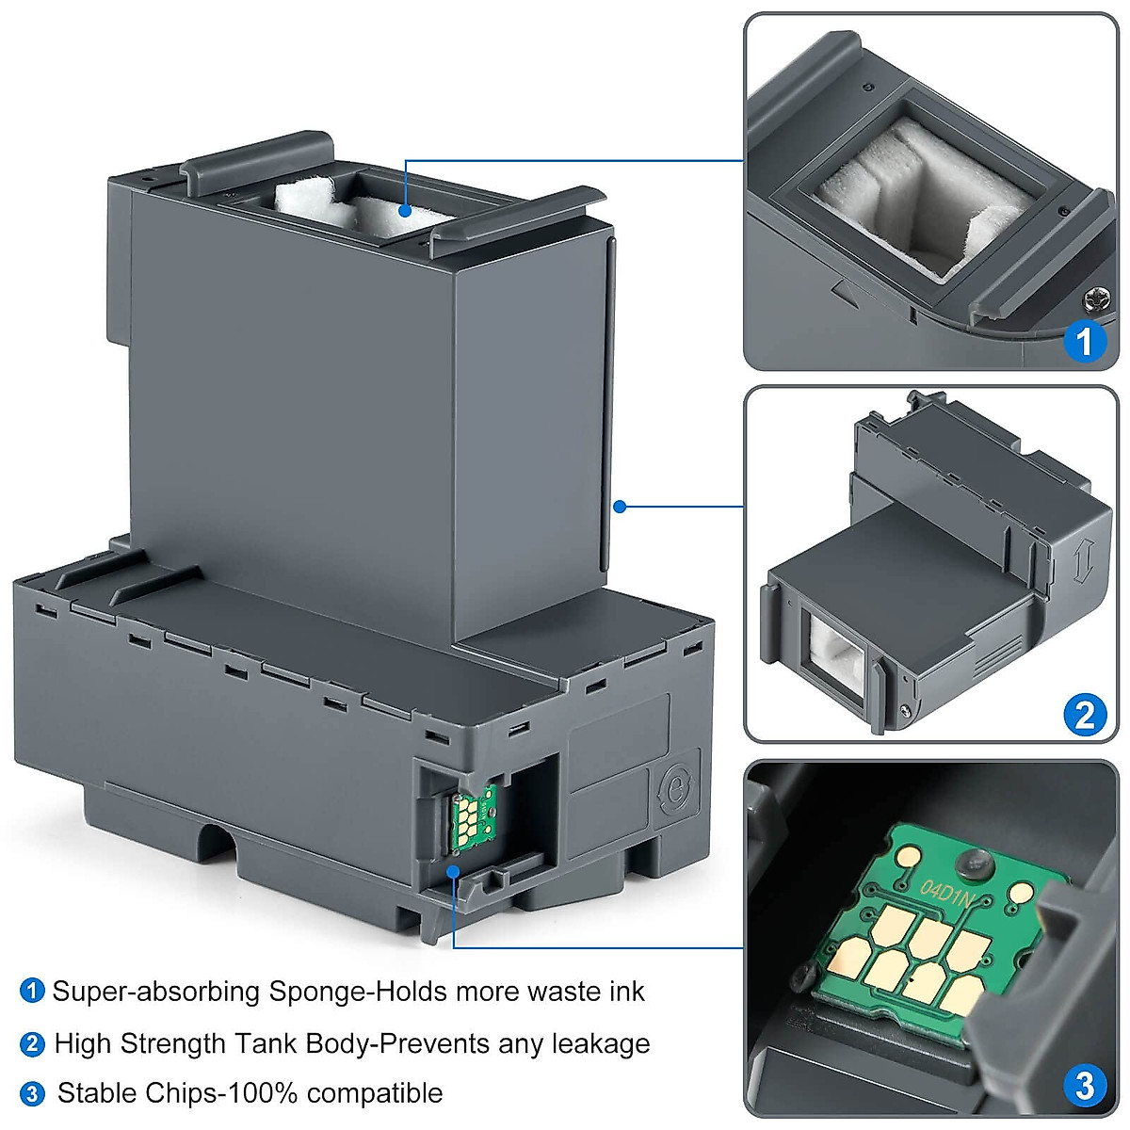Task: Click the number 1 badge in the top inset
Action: [x=1084, y=340]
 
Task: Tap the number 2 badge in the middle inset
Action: [x=1084, y=716]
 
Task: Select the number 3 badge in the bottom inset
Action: [x=1084, y=1086]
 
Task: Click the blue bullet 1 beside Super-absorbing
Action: [x=32, y=992]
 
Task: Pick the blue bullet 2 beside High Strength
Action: [x=32, y=1043]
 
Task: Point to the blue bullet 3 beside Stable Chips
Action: [x=32, y=1094]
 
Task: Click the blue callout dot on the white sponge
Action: [x=405, y=210]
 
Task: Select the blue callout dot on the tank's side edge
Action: [x=619, y=507]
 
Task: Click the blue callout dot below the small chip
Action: [x=454, y=871]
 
